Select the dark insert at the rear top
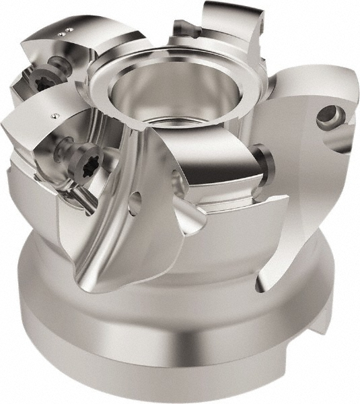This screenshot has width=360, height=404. pyautogui.click(x=183, y=28)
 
